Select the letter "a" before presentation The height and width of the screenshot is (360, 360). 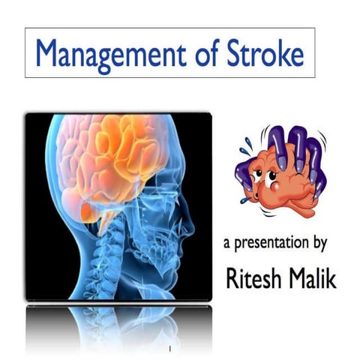pos(227,244)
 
